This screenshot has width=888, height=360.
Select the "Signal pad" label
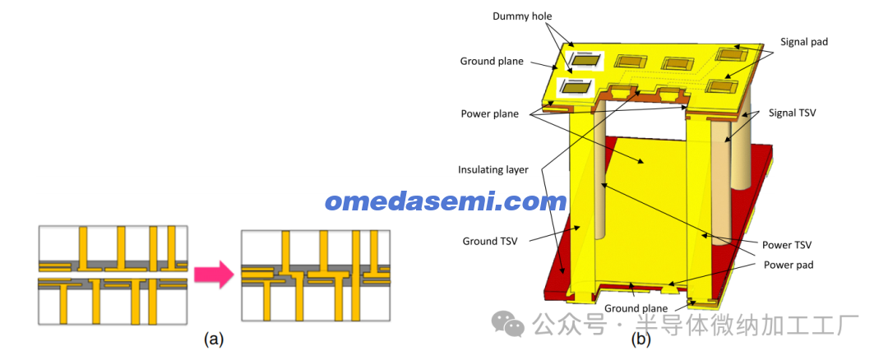coord(804,42)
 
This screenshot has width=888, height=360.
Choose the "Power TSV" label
coord(787,245)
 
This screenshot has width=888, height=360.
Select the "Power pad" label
coord(789,265)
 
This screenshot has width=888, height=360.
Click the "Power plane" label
coord(489,114)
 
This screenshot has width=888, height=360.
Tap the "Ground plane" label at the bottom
coord(636,308)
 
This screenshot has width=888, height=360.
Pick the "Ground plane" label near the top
coord(492,61)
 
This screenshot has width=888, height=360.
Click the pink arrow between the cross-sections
coord(214,275)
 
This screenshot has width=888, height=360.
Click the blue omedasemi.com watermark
coord(446,201)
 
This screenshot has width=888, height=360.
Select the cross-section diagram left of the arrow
coord(113,275)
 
